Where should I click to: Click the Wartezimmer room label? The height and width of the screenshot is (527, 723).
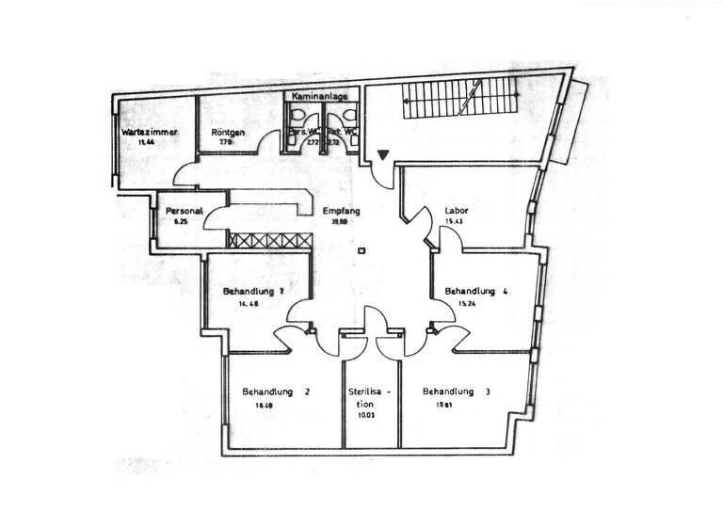click(x=150, y=133)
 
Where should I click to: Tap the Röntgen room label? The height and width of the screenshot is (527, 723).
click(x=229, y=133)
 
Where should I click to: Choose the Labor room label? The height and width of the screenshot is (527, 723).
click(x=457, y=211)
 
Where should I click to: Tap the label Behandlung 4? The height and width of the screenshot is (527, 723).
click(x=476, y=292)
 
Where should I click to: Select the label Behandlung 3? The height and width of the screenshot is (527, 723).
click(x=457, y=391)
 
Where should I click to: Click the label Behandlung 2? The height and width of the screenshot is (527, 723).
click(x=276, y=391)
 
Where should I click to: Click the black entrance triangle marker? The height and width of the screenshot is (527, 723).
click(x=382, y=154)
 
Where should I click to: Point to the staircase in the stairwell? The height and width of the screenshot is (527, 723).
click(x=461, y=100)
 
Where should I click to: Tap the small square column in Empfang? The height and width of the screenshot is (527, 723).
click(x=361, y=250)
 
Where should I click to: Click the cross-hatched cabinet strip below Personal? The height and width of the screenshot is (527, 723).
click(x=269, y=241)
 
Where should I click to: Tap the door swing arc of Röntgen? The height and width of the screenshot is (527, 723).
click(x=269, y=142)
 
